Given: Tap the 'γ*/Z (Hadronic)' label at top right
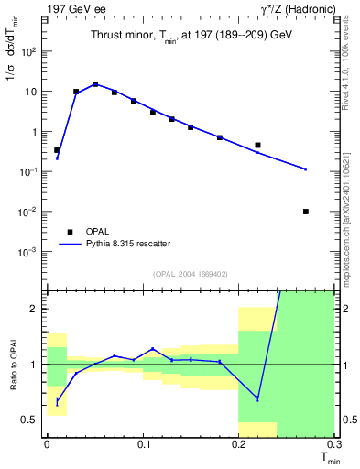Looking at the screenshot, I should click(x=299, y=9).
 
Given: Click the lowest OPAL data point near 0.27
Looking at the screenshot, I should click(x=305, y=212).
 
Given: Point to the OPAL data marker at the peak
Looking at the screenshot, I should click(x=95, y=84).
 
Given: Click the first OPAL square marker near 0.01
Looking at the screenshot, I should click(x=57, y=150).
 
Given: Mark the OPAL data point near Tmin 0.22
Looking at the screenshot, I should click(x=257, y=145).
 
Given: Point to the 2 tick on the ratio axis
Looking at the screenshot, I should click(x=35, y=309).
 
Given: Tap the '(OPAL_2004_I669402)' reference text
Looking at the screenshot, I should click(x=189, y=274).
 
